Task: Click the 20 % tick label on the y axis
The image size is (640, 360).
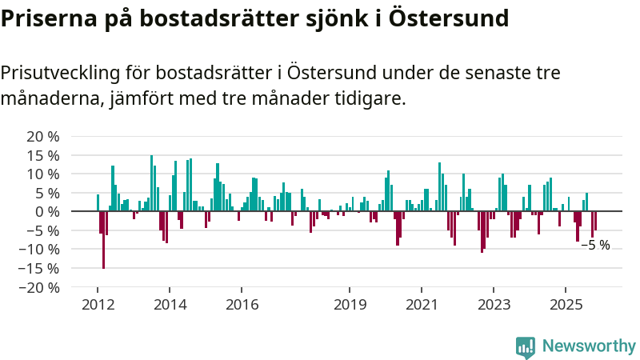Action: point(43,136)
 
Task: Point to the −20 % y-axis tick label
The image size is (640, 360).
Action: point(40,287)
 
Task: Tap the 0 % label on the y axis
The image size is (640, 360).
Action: point(47,211)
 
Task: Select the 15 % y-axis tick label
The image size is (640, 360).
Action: point(43,155)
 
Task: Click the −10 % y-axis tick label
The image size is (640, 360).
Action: point(40,249)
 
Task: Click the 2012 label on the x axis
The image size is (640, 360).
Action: point(98,305)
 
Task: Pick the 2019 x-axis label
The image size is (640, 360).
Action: point(350,305)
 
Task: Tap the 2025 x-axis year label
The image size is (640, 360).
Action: point(566,305)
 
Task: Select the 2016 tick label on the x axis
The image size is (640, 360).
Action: point(242,305)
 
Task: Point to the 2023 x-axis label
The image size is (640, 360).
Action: point(494,305)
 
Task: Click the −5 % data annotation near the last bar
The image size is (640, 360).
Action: point(595,245)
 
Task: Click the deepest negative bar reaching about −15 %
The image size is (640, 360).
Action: point(103,240)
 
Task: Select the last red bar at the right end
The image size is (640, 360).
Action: point(595,221)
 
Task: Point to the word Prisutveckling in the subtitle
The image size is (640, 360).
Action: point(61,73)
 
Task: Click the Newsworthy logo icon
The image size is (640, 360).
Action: point(526,346)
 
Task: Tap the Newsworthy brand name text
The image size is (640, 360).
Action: point(589,346)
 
